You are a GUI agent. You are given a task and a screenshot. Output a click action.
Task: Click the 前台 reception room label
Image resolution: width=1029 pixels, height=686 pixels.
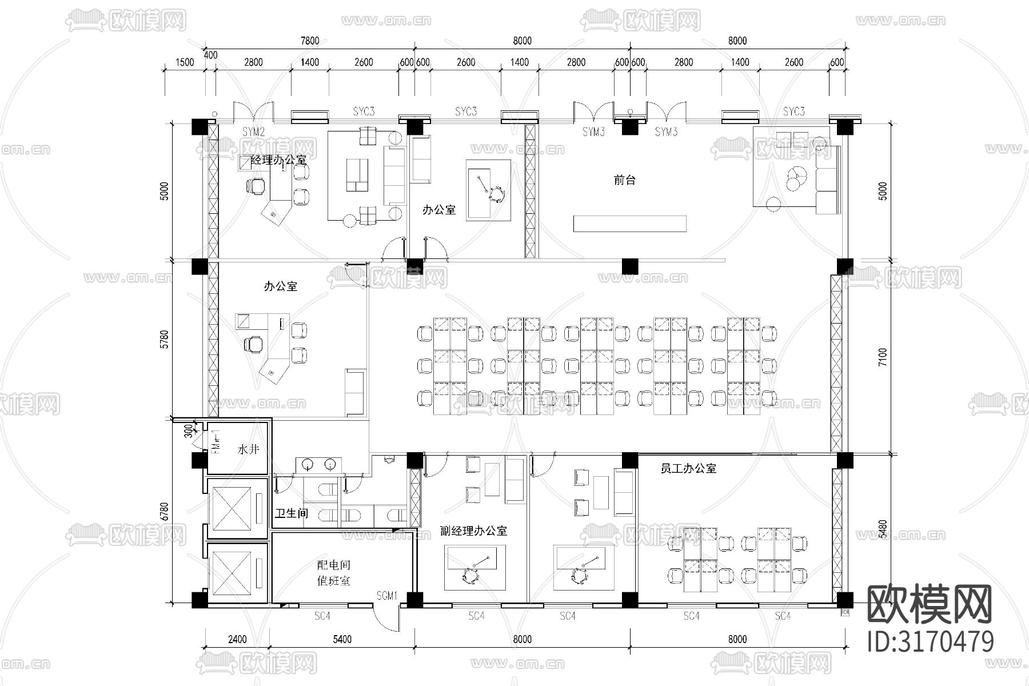(x=624, y=180)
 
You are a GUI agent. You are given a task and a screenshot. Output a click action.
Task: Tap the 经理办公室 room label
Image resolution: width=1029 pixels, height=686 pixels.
(x=278, y=160)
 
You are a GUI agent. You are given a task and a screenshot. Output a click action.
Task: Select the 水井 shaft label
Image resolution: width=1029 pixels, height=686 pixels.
(x=248, y=449)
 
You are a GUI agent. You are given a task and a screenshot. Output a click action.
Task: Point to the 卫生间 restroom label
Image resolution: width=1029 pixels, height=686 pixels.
(x=292, y=513)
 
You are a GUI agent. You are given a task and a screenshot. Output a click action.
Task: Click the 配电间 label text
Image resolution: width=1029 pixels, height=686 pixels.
(x=334, y=565)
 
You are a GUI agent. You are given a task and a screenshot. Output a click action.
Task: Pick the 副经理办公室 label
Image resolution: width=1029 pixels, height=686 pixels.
(x=473, y=531)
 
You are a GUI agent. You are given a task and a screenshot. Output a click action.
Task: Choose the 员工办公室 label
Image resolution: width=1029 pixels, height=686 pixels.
(x=688, y=469)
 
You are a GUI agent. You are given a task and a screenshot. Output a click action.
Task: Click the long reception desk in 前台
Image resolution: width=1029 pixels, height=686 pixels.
(x=629, y=224)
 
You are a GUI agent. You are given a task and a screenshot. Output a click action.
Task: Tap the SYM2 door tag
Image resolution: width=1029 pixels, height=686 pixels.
(x=253, y=132)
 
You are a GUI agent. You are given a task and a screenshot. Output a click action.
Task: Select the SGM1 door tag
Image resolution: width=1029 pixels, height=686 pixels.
(x=387, y=596)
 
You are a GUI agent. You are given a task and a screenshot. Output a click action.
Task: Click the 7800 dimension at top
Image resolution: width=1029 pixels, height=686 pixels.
(x=309, y=41)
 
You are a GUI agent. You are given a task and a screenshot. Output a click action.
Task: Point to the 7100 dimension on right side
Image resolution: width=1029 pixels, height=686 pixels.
(x=883, y=357)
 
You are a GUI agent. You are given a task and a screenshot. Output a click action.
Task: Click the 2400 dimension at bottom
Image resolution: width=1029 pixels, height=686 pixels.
(x=237, y=639)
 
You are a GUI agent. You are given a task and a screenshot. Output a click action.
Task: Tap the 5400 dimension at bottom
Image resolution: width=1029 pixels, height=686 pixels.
(x=342, y=639)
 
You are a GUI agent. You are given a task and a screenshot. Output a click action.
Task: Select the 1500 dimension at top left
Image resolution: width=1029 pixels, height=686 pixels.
(x=184, y=62)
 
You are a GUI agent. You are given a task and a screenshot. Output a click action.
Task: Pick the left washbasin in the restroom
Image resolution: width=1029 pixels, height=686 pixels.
(x=308, y=465)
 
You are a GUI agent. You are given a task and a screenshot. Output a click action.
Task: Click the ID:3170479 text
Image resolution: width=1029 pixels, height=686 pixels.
(x=931, y=641)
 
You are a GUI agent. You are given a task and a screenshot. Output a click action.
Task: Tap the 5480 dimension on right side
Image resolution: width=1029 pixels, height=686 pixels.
(x=883, y=529)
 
